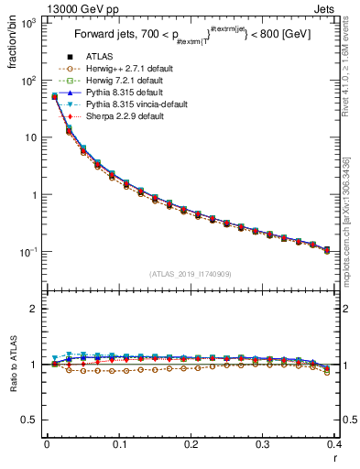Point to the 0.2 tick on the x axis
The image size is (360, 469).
(191, 448)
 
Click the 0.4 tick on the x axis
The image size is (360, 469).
(334, 448)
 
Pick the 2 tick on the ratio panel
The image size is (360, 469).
(36, 309)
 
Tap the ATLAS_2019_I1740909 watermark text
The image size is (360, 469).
(191, 274)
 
